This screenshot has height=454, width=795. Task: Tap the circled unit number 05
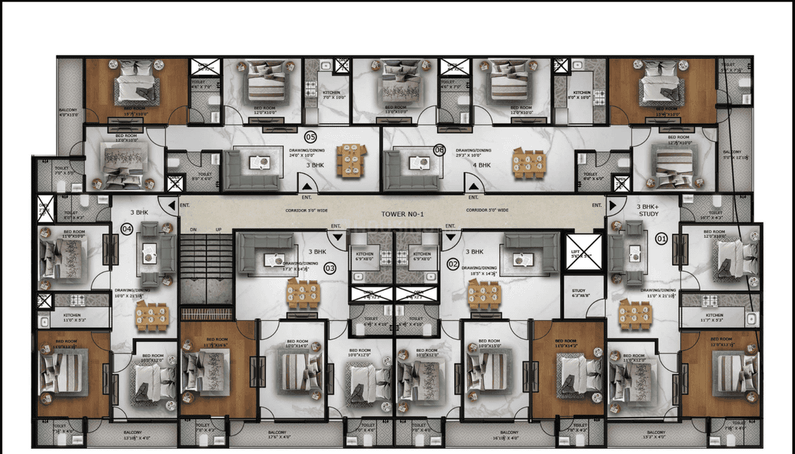[310, 136]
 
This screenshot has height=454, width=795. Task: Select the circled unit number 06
[439, 150]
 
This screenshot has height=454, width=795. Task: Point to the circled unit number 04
[127, 228]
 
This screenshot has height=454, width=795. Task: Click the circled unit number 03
[330, 268]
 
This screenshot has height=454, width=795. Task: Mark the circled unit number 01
[661, 239]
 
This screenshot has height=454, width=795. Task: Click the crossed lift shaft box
[584, 252]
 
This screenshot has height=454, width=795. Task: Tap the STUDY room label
[579, 293]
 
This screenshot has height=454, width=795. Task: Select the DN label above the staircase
[193, 230]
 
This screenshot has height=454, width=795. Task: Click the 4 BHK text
[485, 165]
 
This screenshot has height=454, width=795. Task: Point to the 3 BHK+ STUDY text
[648, 210]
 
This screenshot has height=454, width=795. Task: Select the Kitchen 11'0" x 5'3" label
[76, 317]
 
